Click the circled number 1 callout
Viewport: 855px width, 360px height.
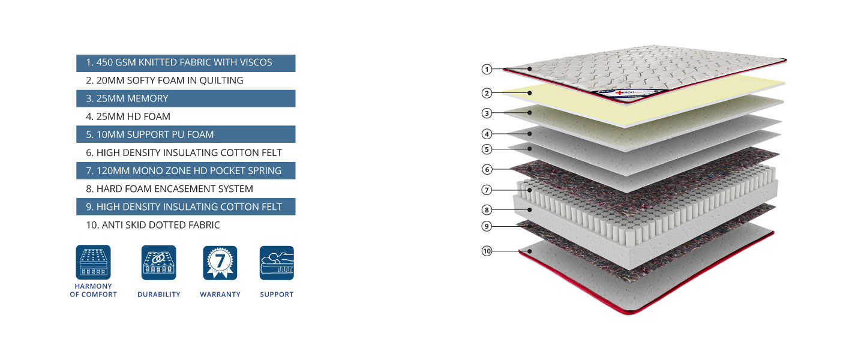(487, 69)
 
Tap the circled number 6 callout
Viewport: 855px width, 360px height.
(487, 170)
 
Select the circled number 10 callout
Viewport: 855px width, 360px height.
(487, 251)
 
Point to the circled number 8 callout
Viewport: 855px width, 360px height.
(487, 210)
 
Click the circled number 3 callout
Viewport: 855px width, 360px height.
(487, 113)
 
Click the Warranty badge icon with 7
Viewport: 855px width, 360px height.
(220, 263)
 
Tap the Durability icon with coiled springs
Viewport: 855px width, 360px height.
(159, 263)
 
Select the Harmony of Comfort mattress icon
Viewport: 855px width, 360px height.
(93, 263)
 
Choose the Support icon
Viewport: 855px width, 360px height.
(277, 263)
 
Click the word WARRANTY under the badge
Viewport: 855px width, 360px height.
(220, 295)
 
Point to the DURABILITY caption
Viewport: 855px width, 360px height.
(159, 295)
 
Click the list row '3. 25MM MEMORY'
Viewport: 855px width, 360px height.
(185, 98)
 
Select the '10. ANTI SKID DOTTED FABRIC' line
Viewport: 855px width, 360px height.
(153, 225)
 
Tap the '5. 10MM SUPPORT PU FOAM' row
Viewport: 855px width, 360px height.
(185, 134)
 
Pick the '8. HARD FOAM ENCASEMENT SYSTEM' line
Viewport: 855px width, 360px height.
(169, 189)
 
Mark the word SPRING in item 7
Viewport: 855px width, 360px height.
(265, 171)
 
